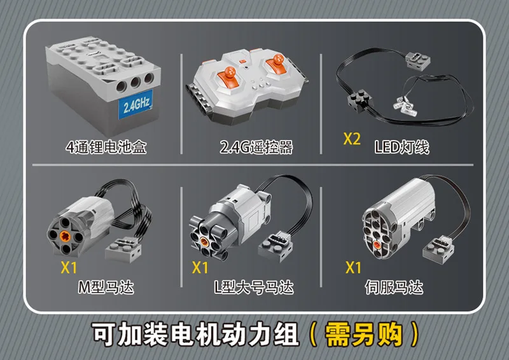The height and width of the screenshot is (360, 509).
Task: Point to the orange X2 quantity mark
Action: pos(352,139)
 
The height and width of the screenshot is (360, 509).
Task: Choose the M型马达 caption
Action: pos(106,287)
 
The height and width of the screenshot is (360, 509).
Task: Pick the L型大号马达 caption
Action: pos(254,287)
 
